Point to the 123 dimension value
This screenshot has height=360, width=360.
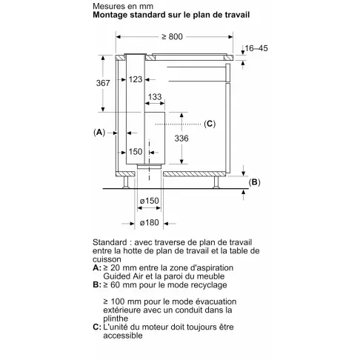[x=135, y=79]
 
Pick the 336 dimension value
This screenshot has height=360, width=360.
[x=191, y=138]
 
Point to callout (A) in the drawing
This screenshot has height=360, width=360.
[x=99, y=132]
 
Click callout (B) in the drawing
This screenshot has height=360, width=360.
[x=254, y=182]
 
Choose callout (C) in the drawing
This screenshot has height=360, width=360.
[x=209, y=123]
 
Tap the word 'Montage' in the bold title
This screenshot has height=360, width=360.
[x=111, y=16]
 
